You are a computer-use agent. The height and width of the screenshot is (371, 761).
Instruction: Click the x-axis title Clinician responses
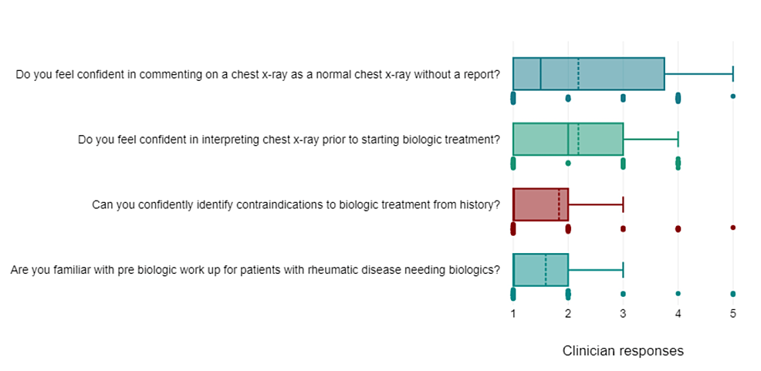tap(623, 351)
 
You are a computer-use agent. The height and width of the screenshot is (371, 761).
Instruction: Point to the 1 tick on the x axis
tap(513, 314)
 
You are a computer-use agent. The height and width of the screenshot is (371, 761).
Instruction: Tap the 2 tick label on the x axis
tap(568, 314)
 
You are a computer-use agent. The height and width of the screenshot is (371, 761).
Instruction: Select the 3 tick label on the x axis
tap(623, 314)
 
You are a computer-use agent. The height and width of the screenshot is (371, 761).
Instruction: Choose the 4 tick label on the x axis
tap(678, 314)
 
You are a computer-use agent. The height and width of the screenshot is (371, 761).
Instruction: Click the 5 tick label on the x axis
tap(732, 314)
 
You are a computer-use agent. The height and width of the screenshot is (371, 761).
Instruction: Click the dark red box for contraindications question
tap(540, 204)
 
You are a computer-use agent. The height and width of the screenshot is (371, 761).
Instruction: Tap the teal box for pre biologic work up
tap(540, 270)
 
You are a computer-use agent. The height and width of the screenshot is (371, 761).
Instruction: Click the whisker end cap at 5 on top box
tap(732, 73)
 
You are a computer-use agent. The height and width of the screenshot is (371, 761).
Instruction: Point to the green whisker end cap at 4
tap(678, 139)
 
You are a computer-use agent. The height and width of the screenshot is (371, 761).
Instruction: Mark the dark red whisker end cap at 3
tap(623, 204)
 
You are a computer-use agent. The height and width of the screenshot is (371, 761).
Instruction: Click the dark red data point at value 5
tap(732, 228)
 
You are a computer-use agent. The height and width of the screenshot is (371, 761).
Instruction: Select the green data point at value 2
tap(568, 163)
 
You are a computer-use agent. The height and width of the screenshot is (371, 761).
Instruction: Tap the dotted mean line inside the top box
tap(578, 73)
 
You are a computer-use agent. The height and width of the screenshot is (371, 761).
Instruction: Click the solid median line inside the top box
tap(540, 73)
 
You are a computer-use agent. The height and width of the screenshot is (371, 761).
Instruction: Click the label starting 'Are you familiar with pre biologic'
tap(255, 270)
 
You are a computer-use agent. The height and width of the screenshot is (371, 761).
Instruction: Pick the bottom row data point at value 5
tap(732, 294)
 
